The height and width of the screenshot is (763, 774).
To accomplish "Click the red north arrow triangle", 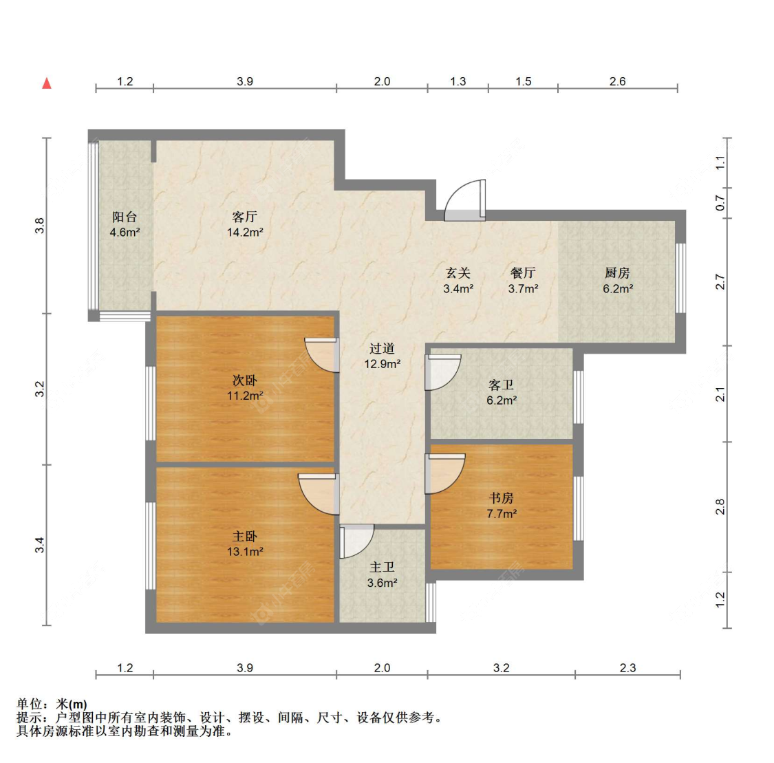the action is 47,83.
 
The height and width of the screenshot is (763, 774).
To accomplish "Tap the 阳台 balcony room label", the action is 125,217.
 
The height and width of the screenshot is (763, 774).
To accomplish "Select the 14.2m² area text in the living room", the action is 245,233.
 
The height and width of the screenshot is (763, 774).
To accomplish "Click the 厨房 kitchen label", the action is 617,273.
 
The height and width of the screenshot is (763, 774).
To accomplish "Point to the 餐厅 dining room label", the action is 524,273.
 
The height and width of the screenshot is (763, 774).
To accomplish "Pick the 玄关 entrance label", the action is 458,273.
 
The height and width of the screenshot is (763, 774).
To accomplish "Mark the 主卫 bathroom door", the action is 357,541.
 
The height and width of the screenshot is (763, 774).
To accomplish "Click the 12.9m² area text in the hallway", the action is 383,364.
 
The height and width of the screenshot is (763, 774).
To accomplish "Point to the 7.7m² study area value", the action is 502,514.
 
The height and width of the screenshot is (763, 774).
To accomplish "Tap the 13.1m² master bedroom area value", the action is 245,552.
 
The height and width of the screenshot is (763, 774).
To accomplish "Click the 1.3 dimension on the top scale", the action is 458,81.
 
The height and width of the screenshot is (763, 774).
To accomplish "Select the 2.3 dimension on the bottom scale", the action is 628,668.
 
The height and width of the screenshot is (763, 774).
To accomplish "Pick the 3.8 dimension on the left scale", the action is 39,226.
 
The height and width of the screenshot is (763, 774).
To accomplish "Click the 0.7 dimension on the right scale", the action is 721,203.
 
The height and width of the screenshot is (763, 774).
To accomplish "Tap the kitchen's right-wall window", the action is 680,278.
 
